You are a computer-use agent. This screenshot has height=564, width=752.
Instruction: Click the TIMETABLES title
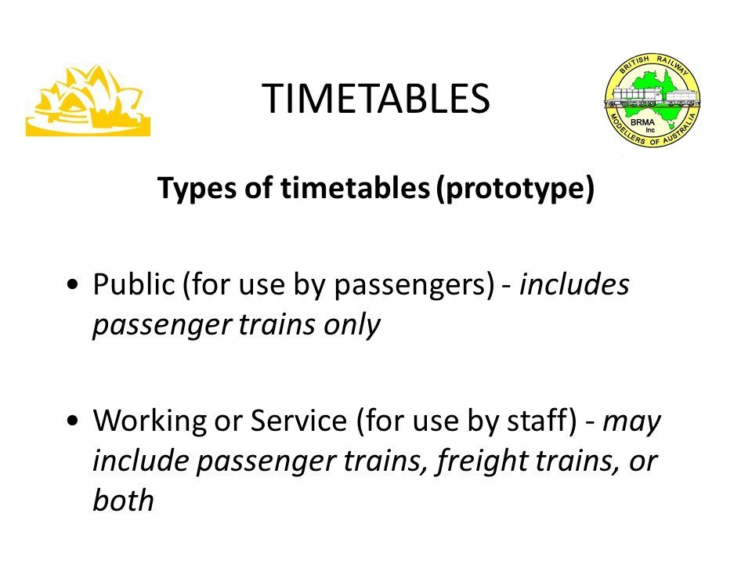click(375, 99)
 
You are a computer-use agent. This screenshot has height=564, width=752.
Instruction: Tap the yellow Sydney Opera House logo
click(89, 101)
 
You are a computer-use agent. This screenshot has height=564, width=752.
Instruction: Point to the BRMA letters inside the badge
click(642, 122)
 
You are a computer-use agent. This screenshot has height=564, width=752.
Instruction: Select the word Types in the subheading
click(197, 189)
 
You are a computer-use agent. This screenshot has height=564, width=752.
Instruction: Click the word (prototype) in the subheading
click(515, 189)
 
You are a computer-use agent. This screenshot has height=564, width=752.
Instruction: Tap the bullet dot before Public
click(72, 284)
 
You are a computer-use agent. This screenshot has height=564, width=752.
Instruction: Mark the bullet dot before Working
click(72, 421)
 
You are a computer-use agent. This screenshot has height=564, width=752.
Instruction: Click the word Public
click(134, 284)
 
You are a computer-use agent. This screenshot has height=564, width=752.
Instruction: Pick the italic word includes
click(574, 284)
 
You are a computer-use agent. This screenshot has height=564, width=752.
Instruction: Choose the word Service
click(298, 421)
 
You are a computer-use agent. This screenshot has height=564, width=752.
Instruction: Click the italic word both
click(123, 501)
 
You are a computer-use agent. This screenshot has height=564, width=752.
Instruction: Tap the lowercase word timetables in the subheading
click(355, 188)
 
